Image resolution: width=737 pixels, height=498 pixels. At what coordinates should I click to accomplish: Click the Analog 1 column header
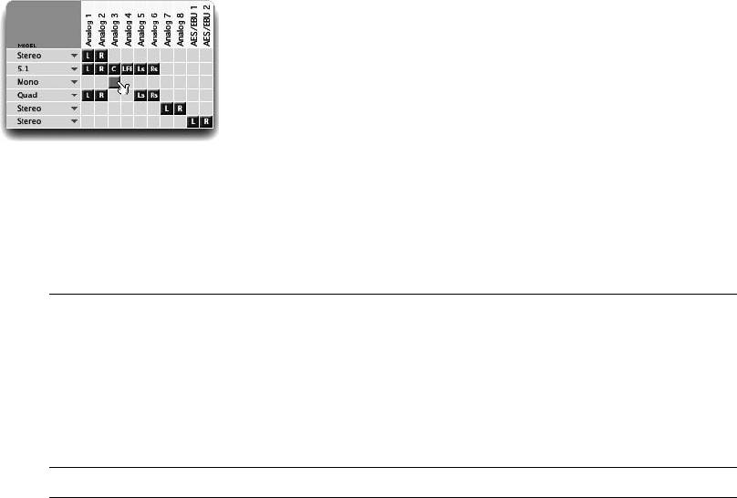click(x=88, y=26)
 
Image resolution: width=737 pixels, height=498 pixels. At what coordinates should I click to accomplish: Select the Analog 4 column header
click(x=128, y=26)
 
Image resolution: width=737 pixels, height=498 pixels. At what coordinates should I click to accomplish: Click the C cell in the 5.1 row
click(x=114, y=69)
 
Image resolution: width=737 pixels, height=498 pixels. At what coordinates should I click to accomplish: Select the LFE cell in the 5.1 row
click(x=127, y=69)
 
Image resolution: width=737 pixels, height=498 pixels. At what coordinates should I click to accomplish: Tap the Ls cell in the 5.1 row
click(x=140, y=69)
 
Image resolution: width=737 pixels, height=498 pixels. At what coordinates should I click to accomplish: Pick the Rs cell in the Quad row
click(x=153, y=95)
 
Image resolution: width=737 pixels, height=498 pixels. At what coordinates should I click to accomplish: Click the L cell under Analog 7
click(x=167, y=108)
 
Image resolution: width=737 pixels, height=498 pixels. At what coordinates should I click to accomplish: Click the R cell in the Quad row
click(x=101, y=95)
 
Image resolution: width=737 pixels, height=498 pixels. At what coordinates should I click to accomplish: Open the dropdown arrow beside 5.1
click(x=73, y=69)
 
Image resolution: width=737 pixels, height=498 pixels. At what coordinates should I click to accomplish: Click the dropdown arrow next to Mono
click(x=73, y=82)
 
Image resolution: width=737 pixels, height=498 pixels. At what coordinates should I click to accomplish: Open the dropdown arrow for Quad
click(x=73, y=95)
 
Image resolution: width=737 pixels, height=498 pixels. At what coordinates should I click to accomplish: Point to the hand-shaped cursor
click(x=122, y=87)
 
